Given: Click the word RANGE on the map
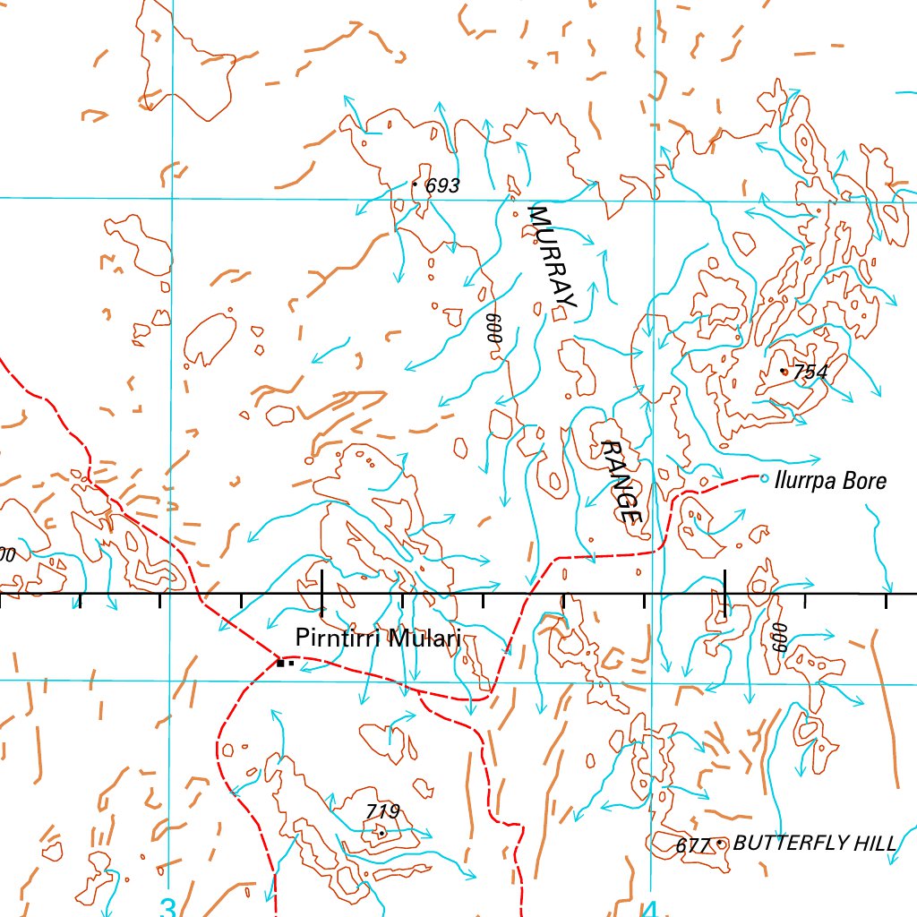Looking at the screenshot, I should [x=621, y=481].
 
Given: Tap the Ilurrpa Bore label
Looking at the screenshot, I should [x=831, y=481].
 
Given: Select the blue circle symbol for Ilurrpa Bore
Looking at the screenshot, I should [x=764, y=478].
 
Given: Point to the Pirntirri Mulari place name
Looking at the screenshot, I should [x=378, y=639].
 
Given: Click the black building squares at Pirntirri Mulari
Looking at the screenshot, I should [x=284, y=664].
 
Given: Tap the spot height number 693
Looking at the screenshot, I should [x=442, y=186].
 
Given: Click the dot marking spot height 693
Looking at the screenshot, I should [x=414, y=184].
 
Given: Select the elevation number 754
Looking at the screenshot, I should [x=810, y=373].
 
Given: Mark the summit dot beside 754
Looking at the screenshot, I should [x=784, y=371].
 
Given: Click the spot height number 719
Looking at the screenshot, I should [x=382, y=812].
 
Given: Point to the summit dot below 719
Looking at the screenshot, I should [x=381, y=833].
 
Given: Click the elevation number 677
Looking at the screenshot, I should [x=693, y=845].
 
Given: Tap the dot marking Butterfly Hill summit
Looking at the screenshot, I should [x=720, y=843].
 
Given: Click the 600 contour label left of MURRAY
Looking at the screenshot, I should [x=491, y=330].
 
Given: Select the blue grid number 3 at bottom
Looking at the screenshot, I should [x=167, y=904].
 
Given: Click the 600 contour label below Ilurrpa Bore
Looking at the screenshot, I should [x=779, y=637].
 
